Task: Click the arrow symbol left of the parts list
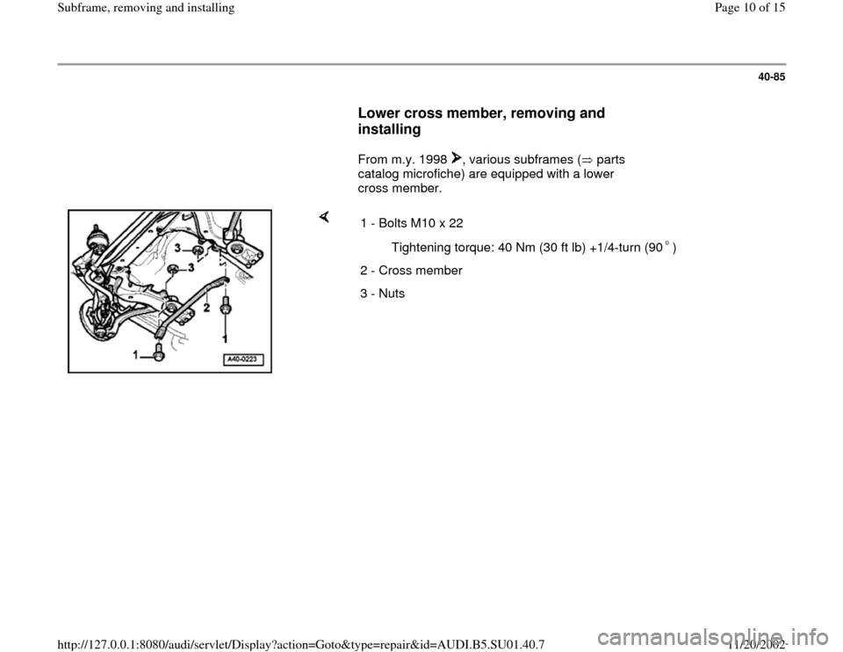pyautogui.click(x=324, y=216)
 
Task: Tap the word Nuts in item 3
pyautogui.click(x=392, y=293)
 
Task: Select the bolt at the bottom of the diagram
pyautogui.click(x=159, y=354)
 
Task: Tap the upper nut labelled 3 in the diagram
pyautogui.click(x=198, y=252)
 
